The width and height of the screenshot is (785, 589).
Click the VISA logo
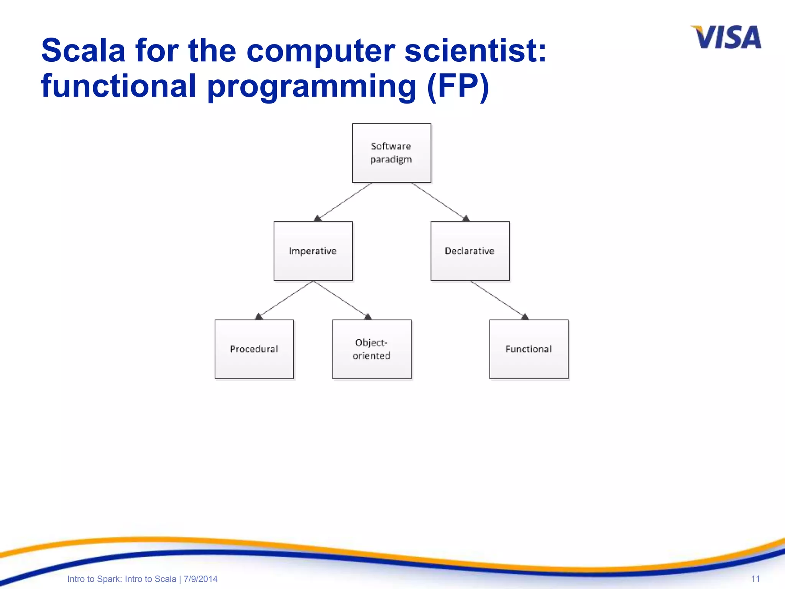pyautogui.click(x=726, y=37)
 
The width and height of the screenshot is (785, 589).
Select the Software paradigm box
pyautogui.click(x=391, y=153)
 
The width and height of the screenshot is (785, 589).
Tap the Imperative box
pyautogui.click(x=313, y=251)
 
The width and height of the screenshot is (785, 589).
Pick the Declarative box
pyautogui.click(x=470, y=251)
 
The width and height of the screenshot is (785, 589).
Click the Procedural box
pyautogui.click(x=254, y=349)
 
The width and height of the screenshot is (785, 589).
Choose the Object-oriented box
pyautogui.click(x=371, y=349)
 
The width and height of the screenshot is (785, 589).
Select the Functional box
pyautogui.click(x=529, y=349)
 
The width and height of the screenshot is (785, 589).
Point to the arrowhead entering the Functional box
pyautogui.click(x=525, y=316)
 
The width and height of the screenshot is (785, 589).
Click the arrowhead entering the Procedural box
pyautogui.click(x=259, y=316)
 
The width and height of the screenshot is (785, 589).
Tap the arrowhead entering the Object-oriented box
pyautogui.click(x=368, y=316)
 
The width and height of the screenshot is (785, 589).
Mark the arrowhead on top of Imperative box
pyautogui.click(x=318, y=218)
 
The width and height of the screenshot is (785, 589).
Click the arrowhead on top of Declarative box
pyautogui.click(x=466, y=218)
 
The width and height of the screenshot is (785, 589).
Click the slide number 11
pyautogui.click(x=755, y=579)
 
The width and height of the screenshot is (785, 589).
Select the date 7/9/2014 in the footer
pyautogui.click(x=200, y=579)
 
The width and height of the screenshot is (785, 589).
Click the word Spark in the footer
pyautogui.click(x=109, y=579)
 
